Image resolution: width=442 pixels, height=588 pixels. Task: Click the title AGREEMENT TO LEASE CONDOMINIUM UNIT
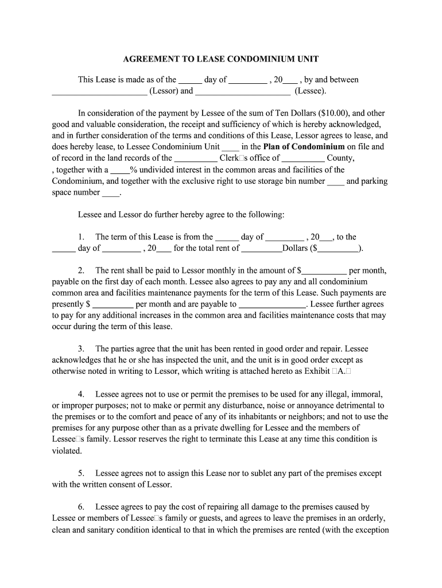coord(221,59)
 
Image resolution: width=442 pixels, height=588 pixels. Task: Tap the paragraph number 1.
coord(82,237)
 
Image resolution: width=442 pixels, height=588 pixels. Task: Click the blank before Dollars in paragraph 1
coord(262,249)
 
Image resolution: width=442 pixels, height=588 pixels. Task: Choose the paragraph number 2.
coord(82,270)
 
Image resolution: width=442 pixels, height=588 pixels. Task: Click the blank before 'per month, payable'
coord(324,271)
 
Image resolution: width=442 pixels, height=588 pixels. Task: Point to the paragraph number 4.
coord(82,394)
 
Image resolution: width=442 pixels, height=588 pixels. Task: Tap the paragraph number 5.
coord(82,474)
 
